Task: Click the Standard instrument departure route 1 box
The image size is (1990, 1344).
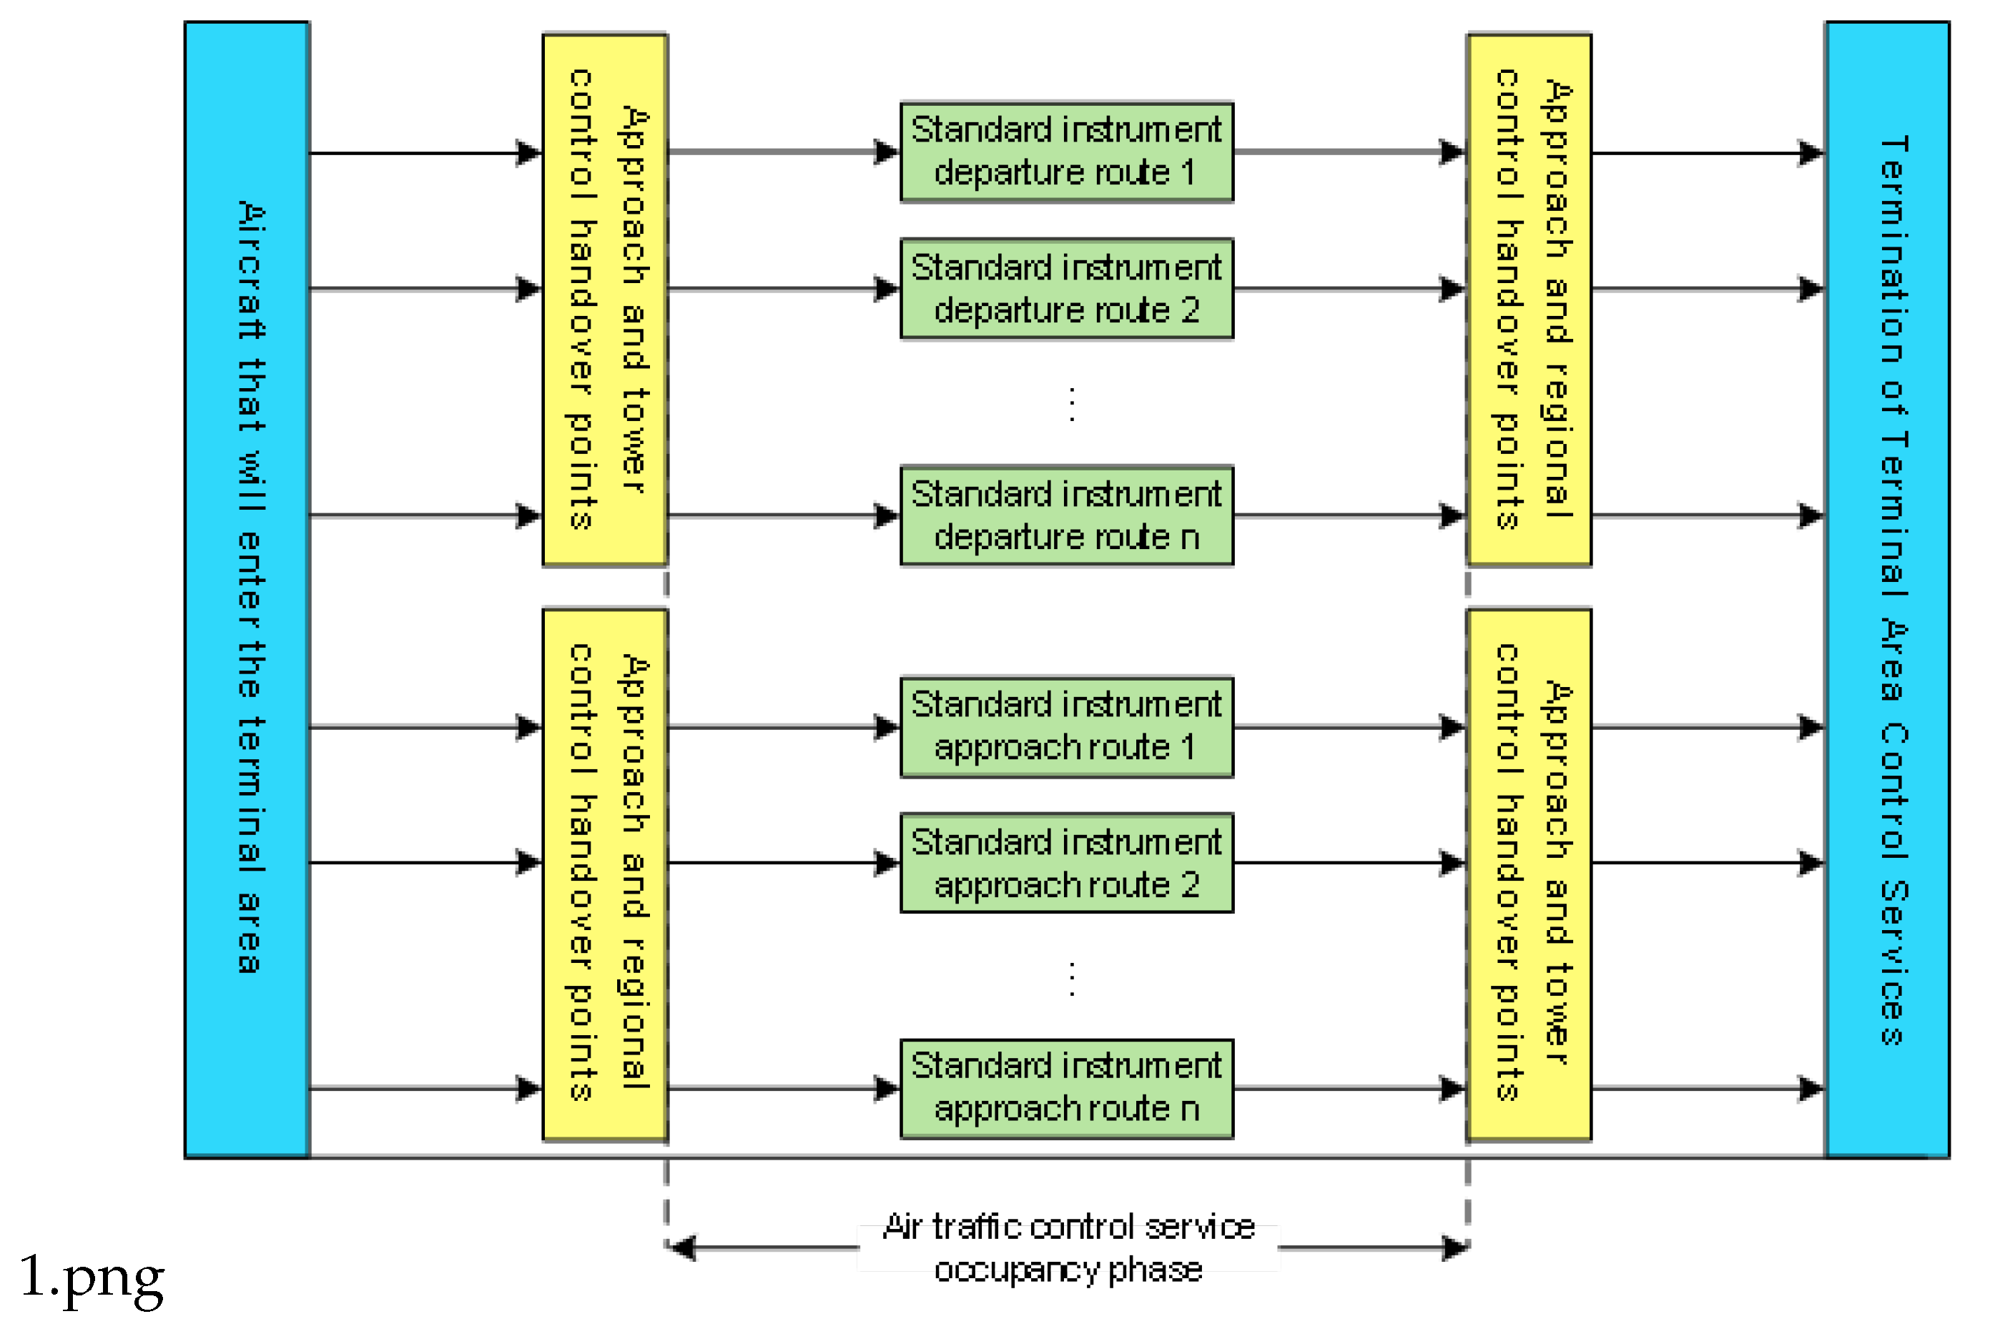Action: (1066, 152)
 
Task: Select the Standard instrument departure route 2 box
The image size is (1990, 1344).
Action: (1066, 289)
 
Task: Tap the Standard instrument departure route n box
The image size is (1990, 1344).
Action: (1066, 515)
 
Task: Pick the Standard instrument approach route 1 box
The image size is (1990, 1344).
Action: (1066, 727)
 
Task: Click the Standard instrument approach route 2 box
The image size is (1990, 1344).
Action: (1066, 863)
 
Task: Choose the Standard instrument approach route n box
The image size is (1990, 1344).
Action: (1066, 1088)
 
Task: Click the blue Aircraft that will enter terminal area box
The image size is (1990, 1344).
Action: (247, 589)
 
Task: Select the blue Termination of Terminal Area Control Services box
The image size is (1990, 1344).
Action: (1887, 589)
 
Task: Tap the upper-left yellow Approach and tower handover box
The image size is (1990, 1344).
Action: (604, 300)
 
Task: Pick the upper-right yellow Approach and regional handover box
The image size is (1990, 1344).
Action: (1529, 300)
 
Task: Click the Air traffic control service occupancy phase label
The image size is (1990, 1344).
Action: (1068, 1247)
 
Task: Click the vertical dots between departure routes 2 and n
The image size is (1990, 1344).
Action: (1071, 404)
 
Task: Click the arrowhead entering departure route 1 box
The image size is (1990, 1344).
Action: (885, 152)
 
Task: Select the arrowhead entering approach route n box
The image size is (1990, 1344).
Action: (885, 1088)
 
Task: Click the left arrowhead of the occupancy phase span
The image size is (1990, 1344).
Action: (681, 1247)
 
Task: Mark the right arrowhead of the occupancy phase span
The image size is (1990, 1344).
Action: (1455, 1247)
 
